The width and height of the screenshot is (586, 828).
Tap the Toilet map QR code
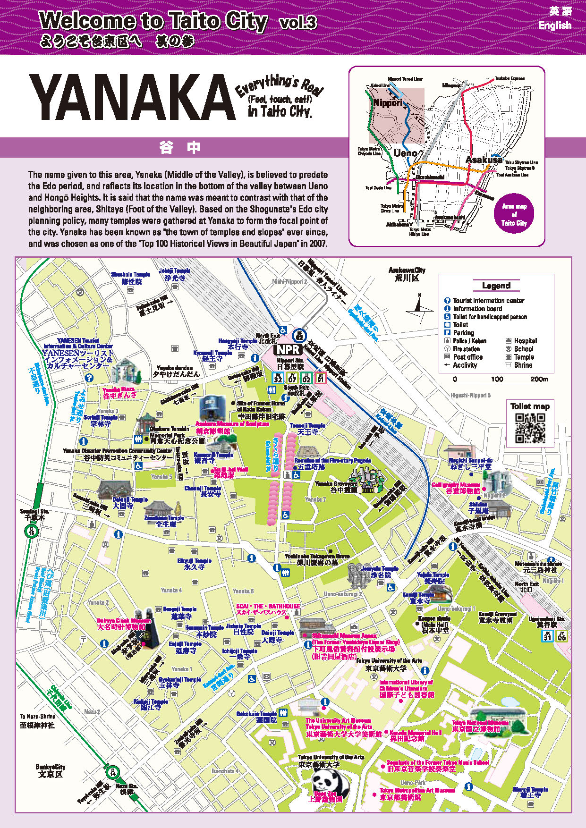(x=529, y=428)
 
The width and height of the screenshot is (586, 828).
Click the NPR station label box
(x=288, y=349)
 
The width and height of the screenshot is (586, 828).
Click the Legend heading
(x=496, y=286)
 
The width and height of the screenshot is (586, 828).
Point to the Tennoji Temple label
(x=307, y=429)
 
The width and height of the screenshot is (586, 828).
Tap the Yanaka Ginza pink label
(x=119, y=393)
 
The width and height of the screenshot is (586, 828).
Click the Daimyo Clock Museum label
(x=124, y=624)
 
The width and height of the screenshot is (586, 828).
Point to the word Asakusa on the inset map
(x=484, y=160)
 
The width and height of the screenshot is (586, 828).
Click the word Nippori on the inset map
(x=387, y=103)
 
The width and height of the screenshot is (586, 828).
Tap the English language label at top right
(x=554, y=25)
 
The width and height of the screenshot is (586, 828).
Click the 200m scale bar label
(x=539, y=379)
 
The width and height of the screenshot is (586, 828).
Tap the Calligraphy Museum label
(x=456, y=488)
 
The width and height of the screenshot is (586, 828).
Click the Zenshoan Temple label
(x=164, y=521)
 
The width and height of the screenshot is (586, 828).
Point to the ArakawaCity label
(x=407, y=274)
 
